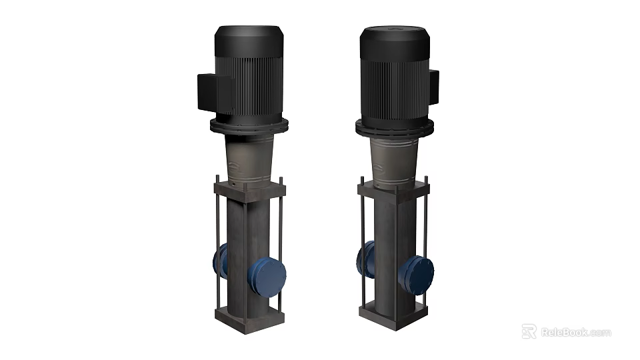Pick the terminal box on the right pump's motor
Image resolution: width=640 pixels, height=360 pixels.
pyautogui.click(x=434, y=87)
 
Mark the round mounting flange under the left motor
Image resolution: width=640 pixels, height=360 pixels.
pyautogui.click(x=249, y=126)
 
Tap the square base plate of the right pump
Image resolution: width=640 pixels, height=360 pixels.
pyautogui.click(x=393, y=311)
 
